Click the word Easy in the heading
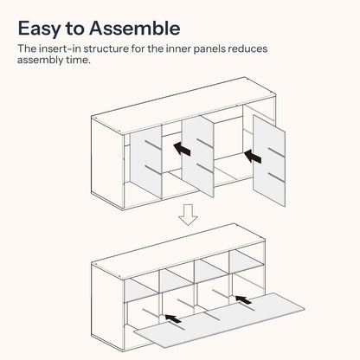click(40, 29)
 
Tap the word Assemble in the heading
click(135, 29)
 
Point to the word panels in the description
click(209, 49)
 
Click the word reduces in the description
click(247, 48)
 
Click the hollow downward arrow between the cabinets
click(188, 215)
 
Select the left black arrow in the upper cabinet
click(182, 149)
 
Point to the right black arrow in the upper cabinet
click(253, 156)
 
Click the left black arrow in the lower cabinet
click(173, 318)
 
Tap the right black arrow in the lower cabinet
click(244, 299)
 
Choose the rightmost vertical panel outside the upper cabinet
click(269, 161)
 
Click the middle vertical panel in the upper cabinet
click(198, 156)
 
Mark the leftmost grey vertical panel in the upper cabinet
click(145, 162)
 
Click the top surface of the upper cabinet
click(183, 105)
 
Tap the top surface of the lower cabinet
click(178, 251)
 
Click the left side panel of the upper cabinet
click(107, 163)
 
